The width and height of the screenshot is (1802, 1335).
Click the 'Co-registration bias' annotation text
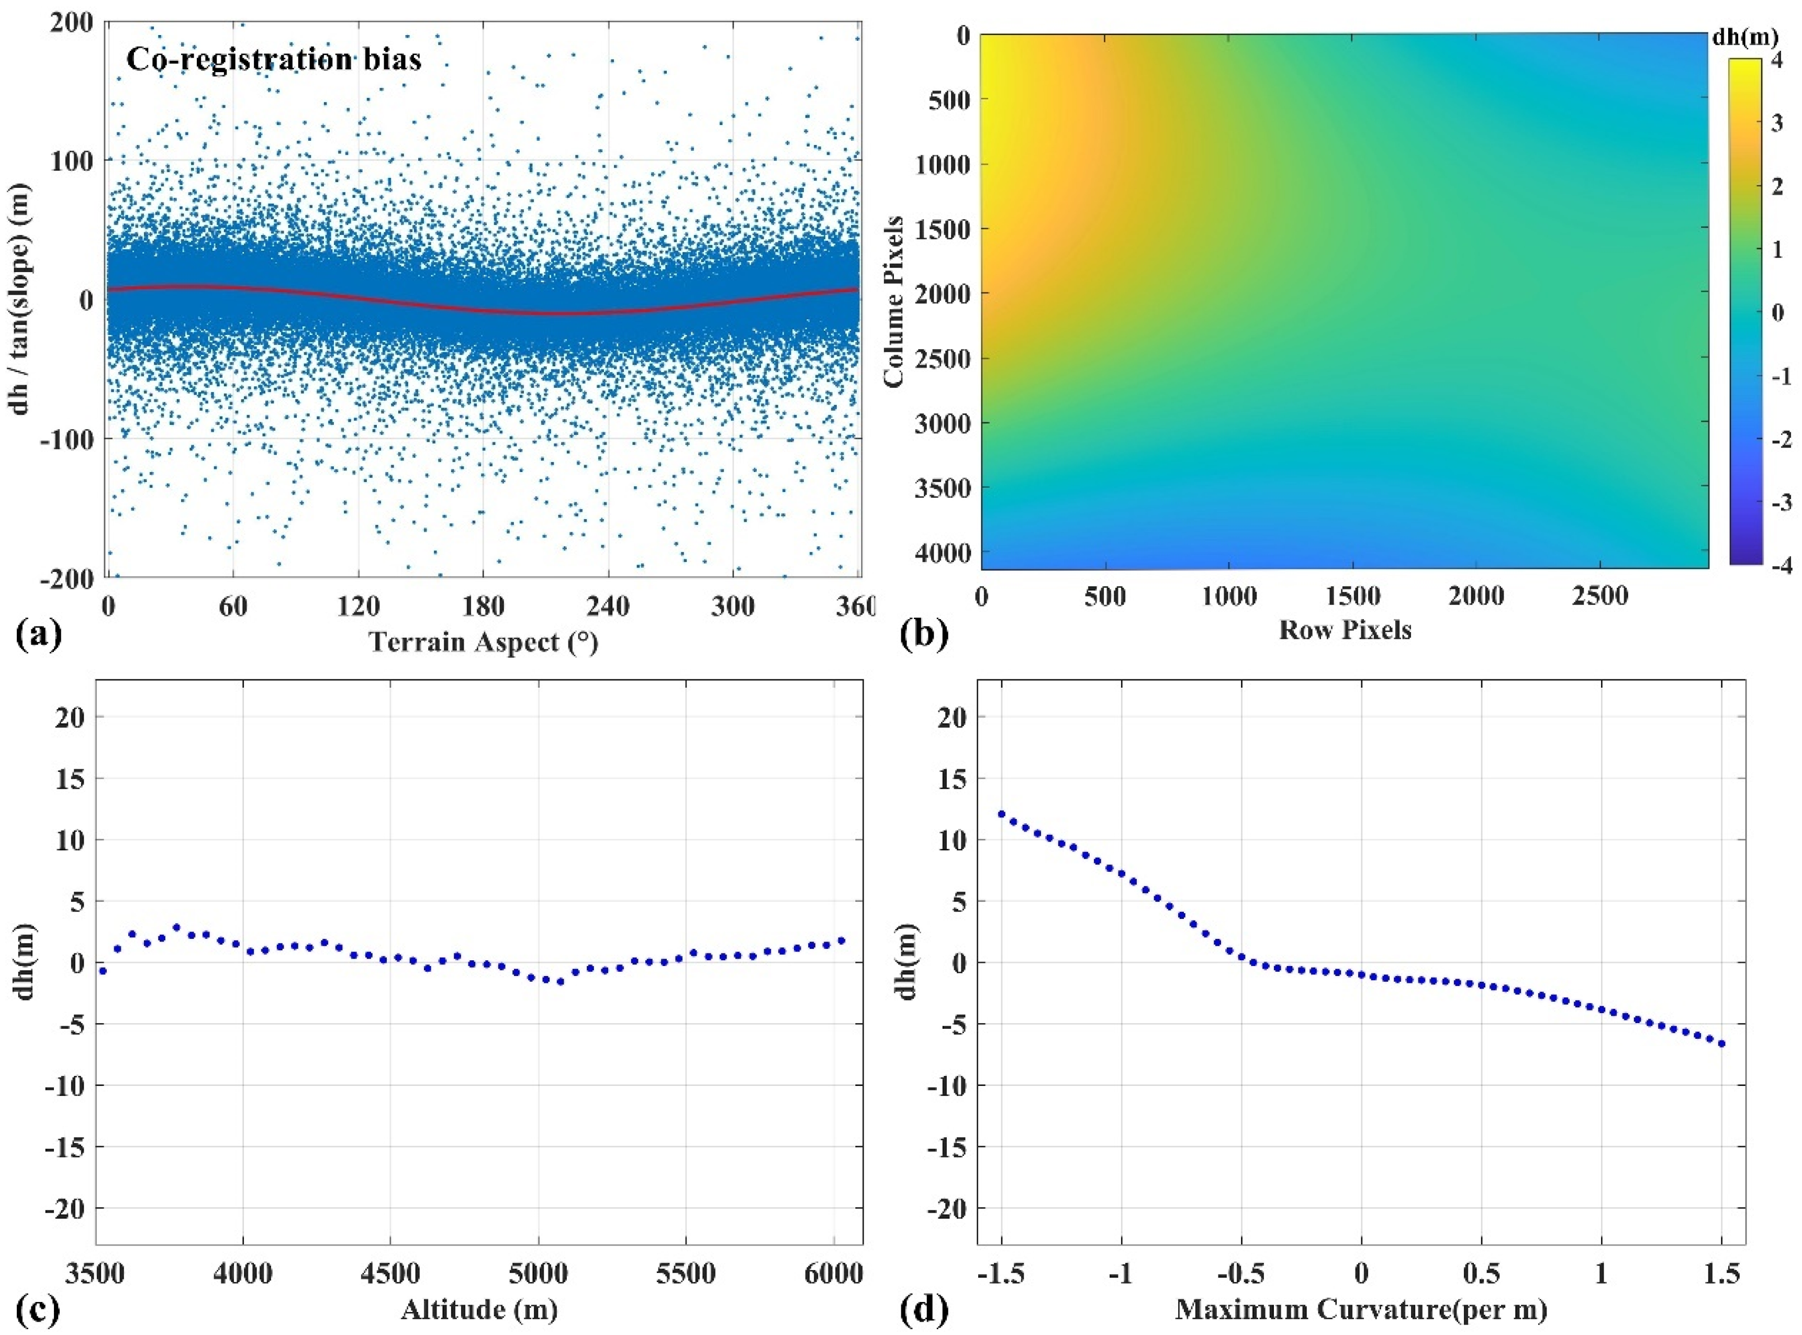(273, 60)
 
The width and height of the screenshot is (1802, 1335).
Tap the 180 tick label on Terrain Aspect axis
(483, 605)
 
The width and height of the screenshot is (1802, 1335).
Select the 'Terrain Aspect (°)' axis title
(483, 643)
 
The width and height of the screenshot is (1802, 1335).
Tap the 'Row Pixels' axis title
(1345, 630)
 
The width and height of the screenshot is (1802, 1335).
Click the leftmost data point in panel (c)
(103, 971)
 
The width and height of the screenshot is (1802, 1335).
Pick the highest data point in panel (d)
(1002, 814)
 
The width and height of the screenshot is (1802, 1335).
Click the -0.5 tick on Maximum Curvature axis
(1240, 1274)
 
